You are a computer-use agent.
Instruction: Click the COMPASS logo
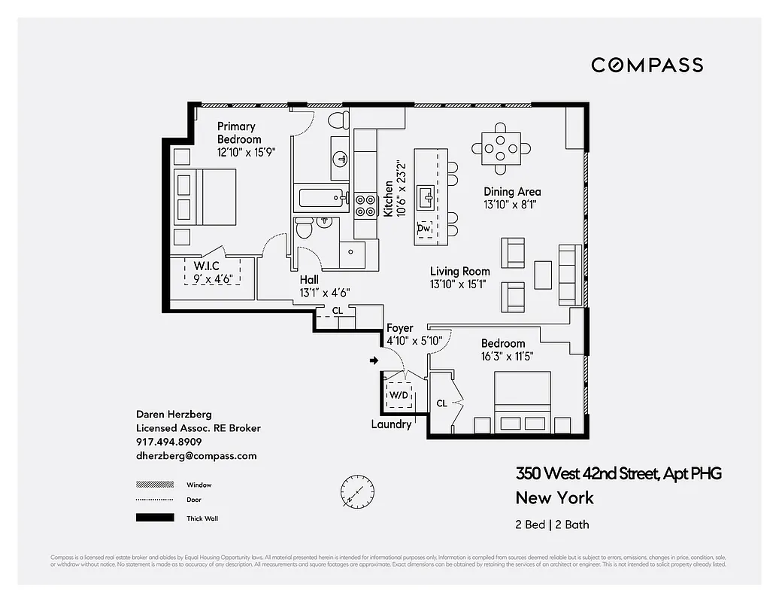647,65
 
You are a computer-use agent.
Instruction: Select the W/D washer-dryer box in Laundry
399,395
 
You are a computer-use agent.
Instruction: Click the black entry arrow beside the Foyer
374,361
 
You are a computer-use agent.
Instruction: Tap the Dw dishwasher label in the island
424,228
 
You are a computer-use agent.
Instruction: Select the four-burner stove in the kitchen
365,205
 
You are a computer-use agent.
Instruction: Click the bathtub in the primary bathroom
322,199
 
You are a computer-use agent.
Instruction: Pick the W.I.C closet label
206,266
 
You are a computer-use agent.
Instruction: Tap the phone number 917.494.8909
168,442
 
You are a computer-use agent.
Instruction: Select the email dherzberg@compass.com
196,455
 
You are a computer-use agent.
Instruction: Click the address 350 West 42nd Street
618,473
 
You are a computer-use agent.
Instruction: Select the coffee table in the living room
543,275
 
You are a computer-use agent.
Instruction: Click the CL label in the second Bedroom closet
442,403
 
